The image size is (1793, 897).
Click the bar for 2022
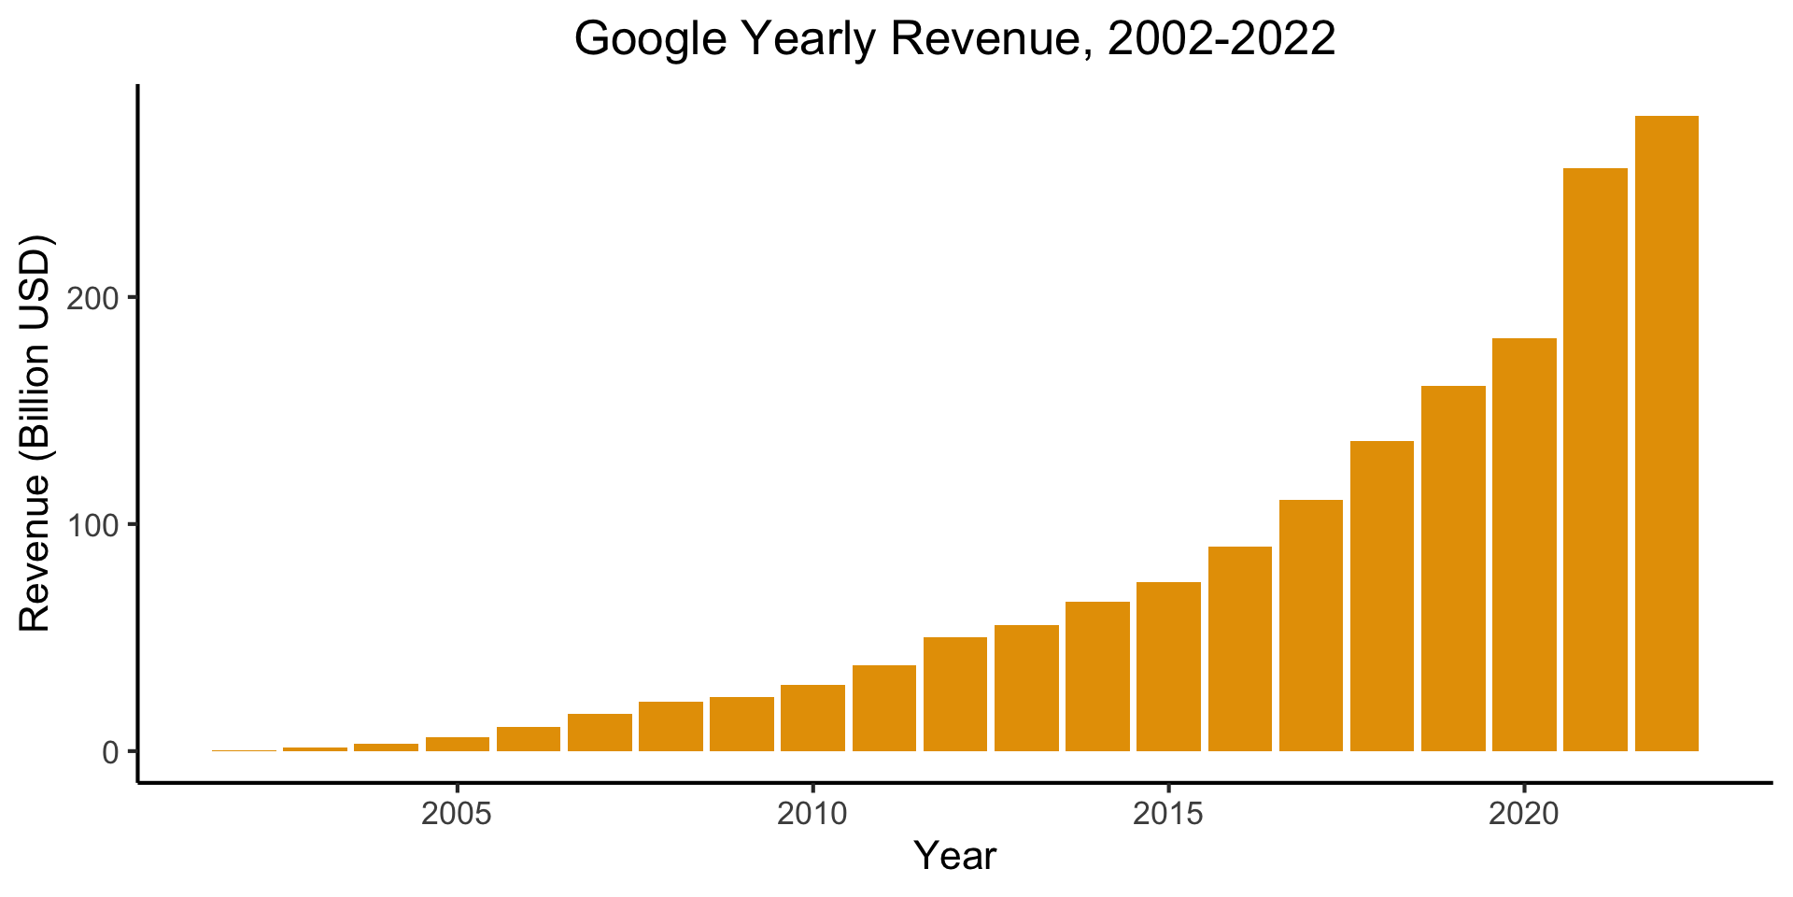click(x=1666, y=434)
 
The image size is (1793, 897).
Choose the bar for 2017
click(x=1310, y=625)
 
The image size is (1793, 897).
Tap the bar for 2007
click(x=600, y=733)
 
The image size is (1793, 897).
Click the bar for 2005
click(x=458, y=744)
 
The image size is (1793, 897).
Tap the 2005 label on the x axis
click(x=458, y=814)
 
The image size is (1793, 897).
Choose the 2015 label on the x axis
click(x=1168, y=814)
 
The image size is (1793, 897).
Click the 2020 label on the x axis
click(x=1524, y=814)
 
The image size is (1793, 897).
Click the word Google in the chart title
click(x=650, y=39)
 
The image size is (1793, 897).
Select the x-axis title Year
click(x=954, y=856)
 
